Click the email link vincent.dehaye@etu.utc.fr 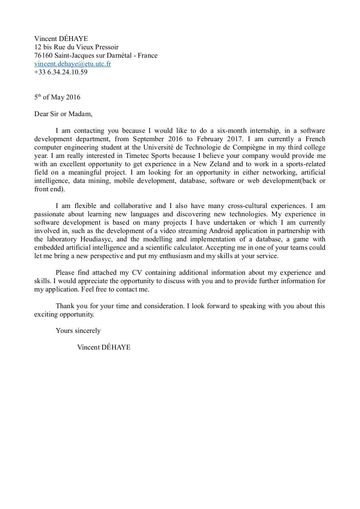click(72, 64)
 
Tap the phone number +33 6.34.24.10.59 click(60, 72)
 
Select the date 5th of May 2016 click(57, 97)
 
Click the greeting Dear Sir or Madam click(63, 114)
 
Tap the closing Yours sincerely click(78, 331)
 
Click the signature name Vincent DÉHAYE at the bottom click(104, 348)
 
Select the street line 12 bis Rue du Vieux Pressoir click(76, 47)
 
